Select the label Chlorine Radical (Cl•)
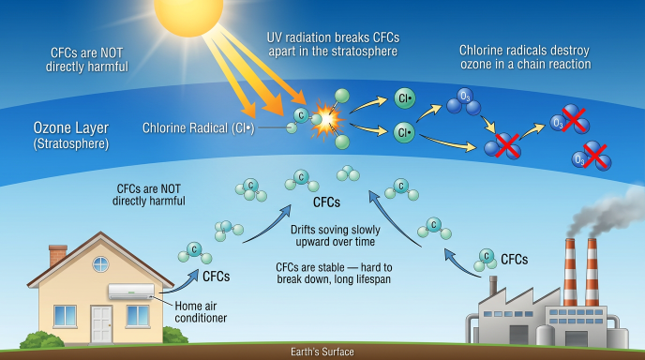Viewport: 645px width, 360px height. pyautogui.click(x=196, y=128)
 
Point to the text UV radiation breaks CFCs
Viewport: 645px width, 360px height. pyautogui.click(x=334, y=36)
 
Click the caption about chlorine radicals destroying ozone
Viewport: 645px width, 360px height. pyautogui.click(x=524, y=56)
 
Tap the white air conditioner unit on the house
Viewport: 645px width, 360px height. pyautogui.click(x=133, y=292)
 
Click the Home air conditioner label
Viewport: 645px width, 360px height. pyautogui.click(x=201, y=310)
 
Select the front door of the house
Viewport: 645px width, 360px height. pyautogui.click(x=102, y=323)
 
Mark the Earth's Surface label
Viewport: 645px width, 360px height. pyautogui.click(x=322, y=352)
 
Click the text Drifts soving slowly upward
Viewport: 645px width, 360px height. pyautogui.click(x=334, y=235)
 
